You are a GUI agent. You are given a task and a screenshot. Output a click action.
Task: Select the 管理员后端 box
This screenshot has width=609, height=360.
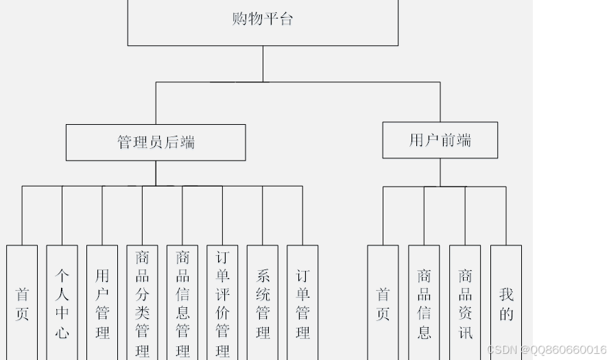(x=156, y=143)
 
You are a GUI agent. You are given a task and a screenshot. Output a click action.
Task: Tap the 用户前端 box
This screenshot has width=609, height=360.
(x=440, y=141)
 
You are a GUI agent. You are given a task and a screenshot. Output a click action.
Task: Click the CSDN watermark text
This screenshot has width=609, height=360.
(x=547, y=350)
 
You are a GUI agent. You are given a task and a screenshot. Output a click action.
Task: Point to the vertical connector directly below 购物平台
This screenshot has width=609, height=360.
(x=263, y=64)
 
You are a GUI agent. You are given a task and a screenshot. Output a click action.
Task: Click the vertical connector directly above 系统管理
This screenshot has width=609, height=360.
(x=263, y=215)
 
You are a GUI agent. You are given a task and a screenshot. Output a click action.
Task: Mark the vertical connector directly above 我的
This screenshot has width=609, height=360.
(x=506, y=215)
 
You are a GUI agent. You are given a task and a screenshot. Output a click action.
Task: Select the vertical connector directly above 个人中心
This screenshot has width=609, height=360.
(x=62, y=215)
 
